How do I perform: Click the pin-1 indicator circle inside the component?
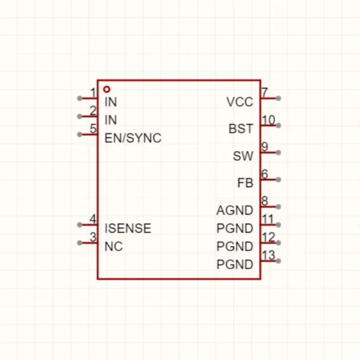(107, 89)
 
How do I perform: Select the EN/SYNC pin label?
(133, 138)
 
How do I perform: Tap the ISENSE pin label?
(128, 228)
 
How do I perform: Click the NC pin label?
(113, 246)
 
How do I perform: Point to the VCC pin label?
(240, 101)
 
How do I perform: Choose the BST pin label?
(241, 128)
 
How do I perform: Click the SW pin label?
(243, 156)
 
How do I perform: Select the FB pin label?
(245, 183)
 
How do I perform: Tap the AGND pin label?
(234, 210)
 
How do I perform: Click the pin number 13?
(268, 255)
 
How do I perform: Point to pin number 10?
(268, 120)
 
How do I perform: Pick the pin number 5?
(93, 128)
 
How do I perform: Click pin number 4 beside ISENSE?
(93, 219)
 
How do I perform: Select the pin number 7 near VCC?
(265, 92)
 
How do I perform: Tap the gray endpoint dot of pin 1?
(80, 98)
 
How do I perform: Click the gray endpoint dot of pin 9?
(278, 153)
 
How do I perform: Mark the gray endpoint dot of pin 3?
(80, 243)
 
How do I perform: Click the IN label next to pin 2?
(111, 120)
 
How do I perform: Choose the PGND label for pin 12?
(234, 246)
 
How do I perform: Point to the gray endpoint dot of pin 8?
(278, 207)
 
